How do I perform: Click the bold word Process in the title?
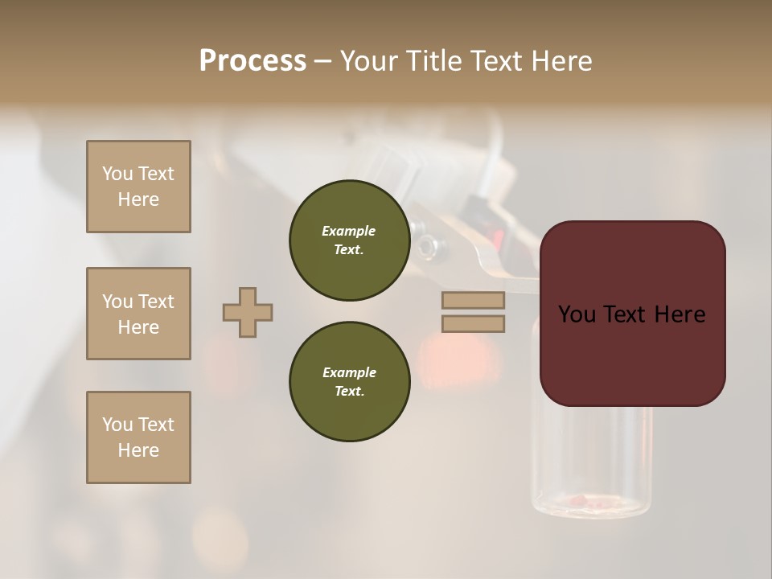point(253,60)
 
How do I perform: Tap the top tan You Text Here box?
point(138,187)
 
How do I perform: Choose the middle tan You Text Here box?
point(138,314)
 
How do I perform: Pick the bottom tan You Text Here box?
point(138,437)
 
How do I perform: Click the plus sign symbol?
point(248,312)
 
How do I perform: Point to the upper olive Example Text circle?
point(349,240)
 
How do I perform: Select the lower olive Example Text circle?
point(349,381)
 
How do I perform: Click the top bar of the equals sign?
point(473,300)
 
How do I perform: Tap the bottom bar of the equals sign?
point(473,324)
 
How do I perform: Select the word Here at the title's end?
point(563,61)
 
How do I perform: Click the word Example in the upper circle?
point(349,231)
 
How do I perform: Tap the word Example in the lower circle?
point(349,372)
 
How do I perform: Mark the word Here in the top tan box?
point(138,199)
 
